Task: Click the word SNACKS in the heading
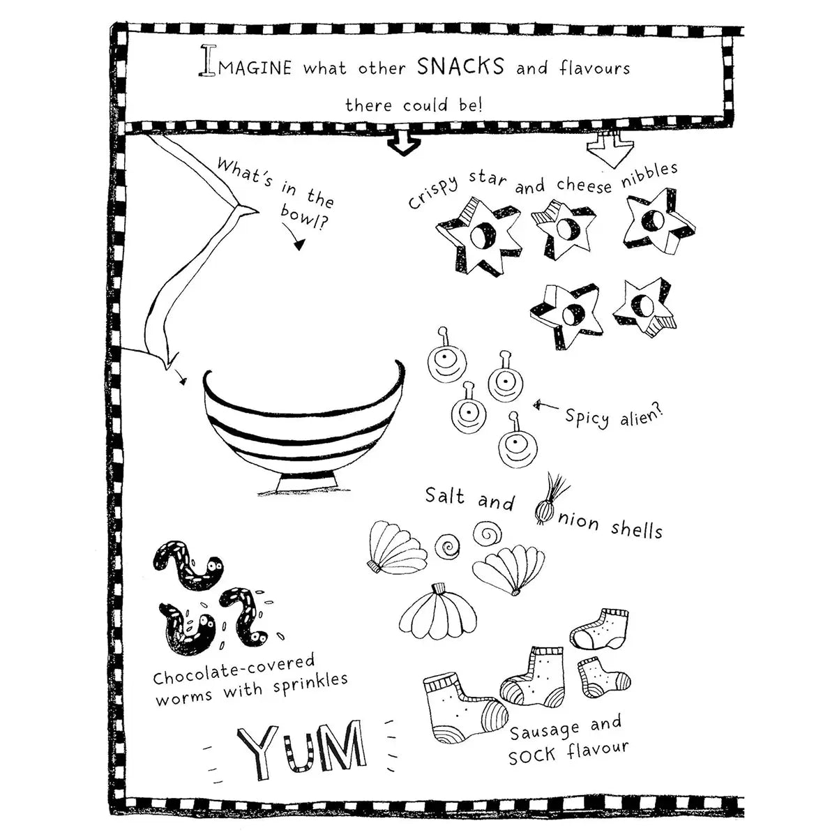tap(461, 66)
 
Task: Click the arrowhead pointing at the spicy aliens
tap(538, 405)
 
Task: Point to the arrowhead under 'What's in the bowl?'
tap(299, 246)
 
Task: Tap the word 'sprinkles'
tap(310, 684)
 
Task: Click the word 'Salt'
tap(445, 495)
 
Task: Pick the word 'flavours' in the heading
tap(594, 68)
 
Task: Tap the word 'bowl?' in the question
tap(303, 217)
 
